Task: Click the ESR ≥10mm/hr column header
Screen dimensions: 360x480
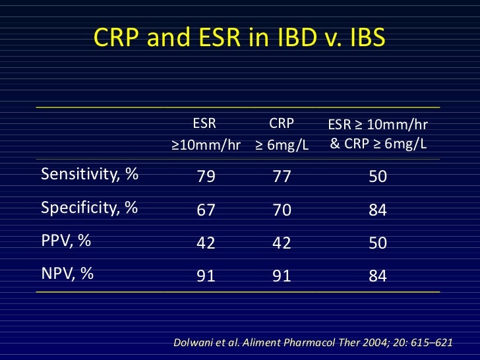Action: [x=206, y=134]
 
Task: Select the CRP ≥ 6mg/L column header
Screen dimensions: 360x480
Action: [x=282, y=134]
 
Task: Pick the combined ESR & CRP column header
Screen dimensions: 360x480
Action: [x=378, y=134]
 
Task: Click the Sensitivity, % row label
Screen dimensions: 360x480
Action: [x=90, y=175]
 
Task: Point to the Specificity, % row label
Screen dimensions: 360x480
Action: [x=89, y=208]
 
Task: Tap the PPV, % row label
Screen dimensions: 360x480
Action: [x=66, y=241]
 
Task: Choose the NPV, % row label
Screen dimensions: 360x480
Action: [x=67, y=274]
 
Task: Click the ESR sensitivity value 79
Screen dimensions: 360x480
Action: [x=206, y=177]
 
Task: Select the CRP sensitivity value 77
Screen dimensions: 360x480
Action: [x=282, y=177]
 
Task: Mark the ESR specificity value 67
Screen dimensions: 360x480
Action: [x=206, y=210]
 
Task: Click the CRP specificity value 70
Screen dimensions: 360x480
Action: [x=282, y=210]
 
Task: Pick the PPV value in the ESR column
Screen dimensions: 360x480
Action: [x=206, y=243]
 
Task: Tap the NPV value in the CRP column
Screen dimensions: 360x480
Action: [x=282, y=276]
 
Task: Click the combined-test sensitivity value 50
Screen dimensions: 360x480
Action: [x=378, y=177]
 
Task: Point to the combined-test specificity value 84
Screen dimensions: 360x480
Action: [x=378, y=210]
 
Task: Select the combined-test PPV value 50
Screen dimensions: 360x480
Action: [x=378, y=243]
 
